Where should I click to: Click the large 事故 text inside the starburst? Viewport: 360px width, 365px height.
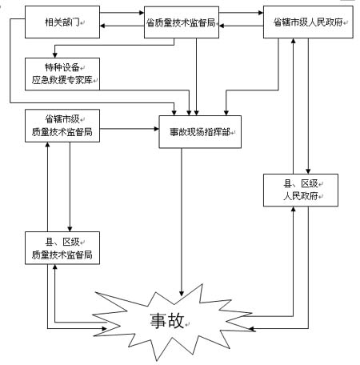coord(167,320)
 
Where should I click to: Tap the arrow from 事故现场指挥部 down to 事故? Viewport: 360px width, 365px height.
coord(182,222)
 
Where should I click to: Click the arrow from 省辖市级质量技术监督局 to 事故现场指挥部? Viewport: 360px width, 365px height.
coord(130,129)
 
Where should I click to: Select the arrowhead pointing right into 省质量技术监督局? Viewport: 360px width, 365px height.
coord(142,13)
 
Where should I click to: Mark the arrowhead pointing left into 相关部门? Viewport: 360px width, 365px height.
coord(102,26)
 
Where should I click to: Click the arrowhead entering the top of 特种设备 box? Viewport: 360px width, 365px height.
coord(55,55)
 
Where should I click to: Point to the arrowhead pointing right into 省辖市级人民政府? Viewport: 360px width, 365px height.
coord(261,13)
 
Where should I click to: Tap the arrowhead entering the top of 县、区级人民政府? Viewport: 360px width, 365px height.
coord(308,171)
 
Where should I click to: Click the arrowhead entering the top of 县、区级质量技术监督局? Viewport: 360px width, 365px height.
coord(70,229)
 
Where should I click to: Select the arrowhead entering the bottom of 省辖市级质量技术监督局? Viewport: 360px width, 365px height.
coord(48,145)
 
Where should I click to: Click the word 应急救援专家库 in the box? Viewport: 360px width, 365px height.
coord(62,80)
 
